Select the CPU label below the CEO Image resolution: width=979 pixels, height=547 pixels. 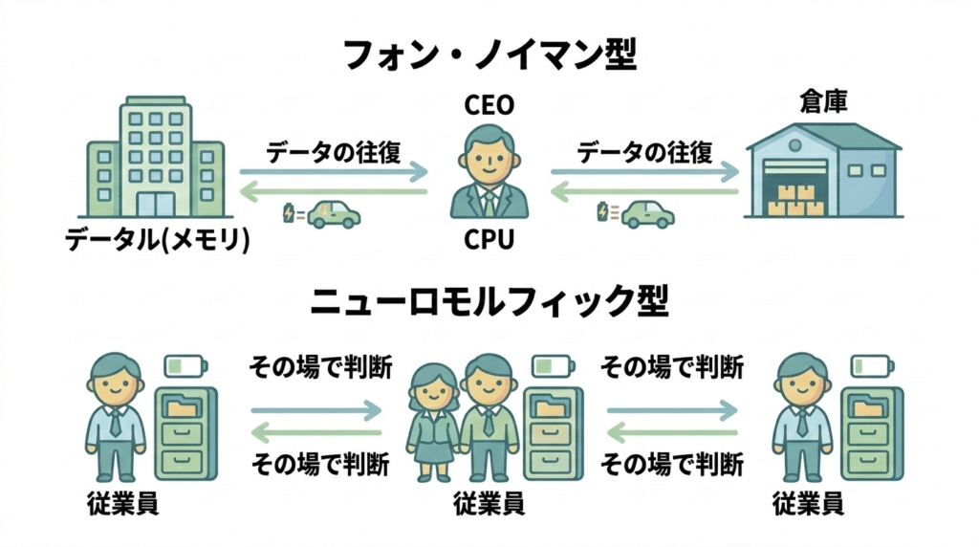[489, 239]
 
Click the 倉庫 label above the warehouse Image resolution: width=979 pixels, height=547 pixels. [823, 102]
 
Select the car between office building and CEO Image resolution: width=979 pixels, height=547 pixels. [333, 213]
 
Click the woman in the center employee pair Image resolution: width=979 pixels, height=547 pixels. [432, 421]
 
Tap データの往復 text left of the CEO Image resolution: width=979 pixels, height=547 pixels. [333, 152]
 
